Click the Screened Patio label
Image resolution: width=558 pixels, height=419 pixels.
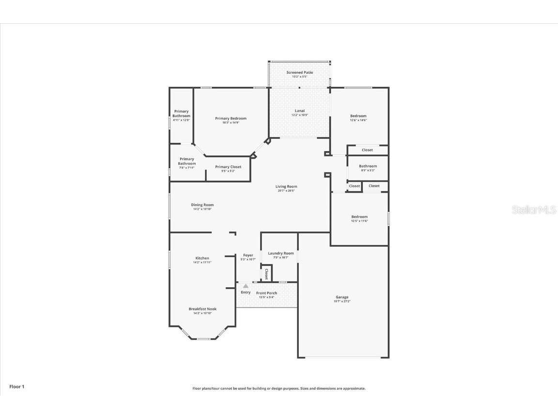[299, 72]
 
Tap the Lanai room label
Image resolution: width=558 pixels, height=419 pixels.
[299, 111]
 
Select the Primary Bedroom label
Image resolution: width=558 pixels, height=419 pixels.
[231, 118]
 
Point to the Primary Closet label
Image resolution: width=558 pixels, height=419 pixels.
[228, 167]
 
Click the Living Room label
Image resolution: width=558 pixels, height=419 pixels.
[286, 186]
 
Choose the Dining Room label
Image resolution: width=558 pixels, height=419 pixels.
[202, 205]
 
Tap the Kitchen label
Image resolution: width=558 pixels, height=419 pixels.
[202, 258]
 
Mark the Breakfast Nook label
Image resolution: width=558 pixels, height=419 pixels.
[202, 309]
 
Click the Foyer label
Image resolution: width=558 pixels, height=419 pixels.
[248, 255]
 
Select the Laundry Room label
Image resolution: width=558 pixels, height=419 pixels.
[281, 253]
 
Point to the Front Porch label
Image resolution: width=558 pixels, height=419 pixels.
[266, 293]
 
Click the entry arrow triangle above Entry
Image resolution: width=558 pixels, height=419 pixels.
[246, 286]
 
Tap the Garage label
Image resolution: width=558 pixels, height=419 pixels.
[342, 297]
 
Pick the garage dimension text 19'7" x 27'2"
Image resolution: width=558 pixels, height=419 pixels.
[342, 302]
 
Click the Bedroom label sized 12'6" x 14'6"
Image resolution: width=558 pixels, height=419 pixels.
[358, 116]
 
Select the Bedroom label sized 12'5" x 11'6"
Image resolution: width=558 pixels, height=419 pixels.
[359, 217]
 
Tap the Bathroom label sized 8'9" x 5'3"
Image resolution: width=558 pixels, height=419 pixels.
[368, 166]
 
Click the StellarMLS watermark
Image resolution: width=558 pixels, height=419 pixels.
[533, 210]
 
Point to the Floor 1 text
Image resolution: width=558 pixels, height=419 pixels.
[16, 387]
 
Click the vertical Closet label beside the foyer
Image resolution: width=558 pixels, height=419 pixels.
[266, 274]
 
